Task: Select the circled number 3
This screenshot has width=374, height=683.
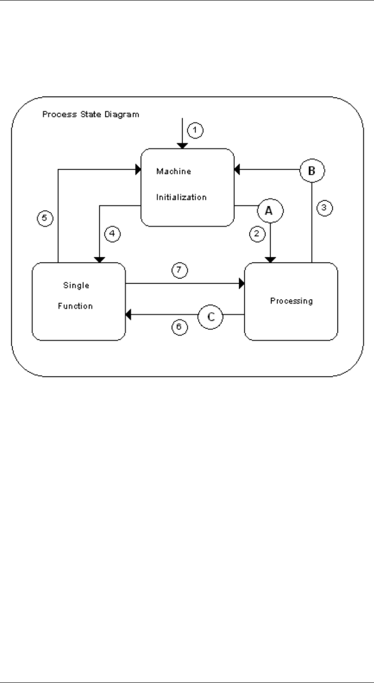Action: pos(324,208)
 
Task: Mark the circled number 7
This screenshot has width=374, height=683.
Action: pos(180,270)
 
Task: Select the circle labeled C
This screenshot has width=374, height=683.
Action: pos(210,316)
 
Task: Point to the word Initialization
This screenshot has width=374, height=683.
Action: pos(181,197)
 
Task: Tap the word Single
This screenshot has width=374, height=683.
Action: pos(72,284)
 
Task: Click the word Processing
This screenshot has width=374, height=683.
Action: pos(291,301)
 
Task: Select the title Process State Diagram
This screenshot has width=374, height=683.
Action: pos(90,114)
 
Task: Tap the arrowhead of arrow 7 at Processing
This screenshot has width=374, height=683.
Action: pos(242,283)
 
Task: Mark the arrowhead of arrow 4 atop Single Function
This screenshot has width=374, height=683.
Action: pos(99,259)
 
